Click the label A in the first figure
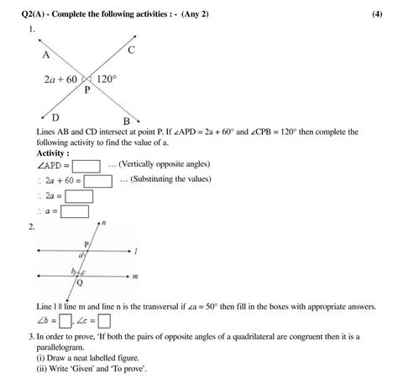pos(45,55)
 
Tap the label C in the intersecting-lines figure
pos(133,51)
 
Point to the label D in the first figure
pos(55,117)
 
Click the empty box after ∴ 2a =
pos(77,196)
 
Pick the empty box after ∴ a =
pos(71,211)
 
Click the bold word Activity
pos(53,153)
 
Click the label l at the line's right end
pos(136,250)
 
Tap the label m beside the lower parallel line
pos(136,276)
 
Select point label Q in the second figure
pos(80,283)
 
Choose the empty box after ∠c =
pos(105,320)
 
